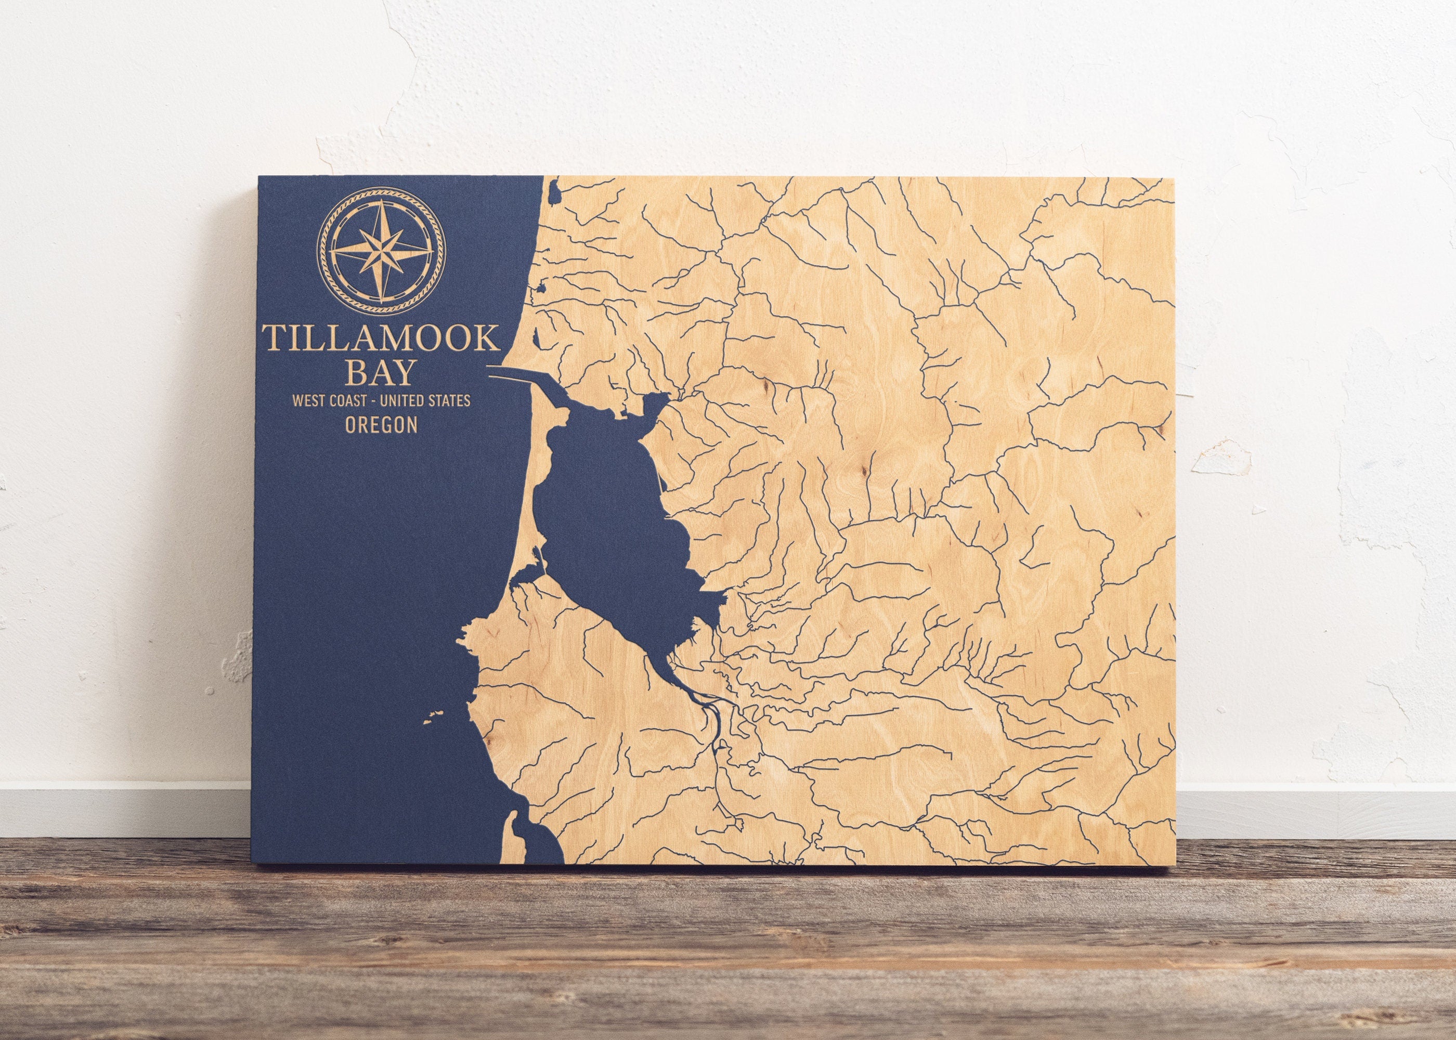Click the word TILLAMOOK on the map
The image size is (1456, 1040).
point(380,337)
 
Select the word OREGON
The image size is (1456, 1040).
point(381,425)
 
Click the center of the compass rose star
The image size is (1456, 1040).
point(381,251)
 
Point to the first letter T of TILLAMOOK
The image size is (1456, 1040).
point(272,337)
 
